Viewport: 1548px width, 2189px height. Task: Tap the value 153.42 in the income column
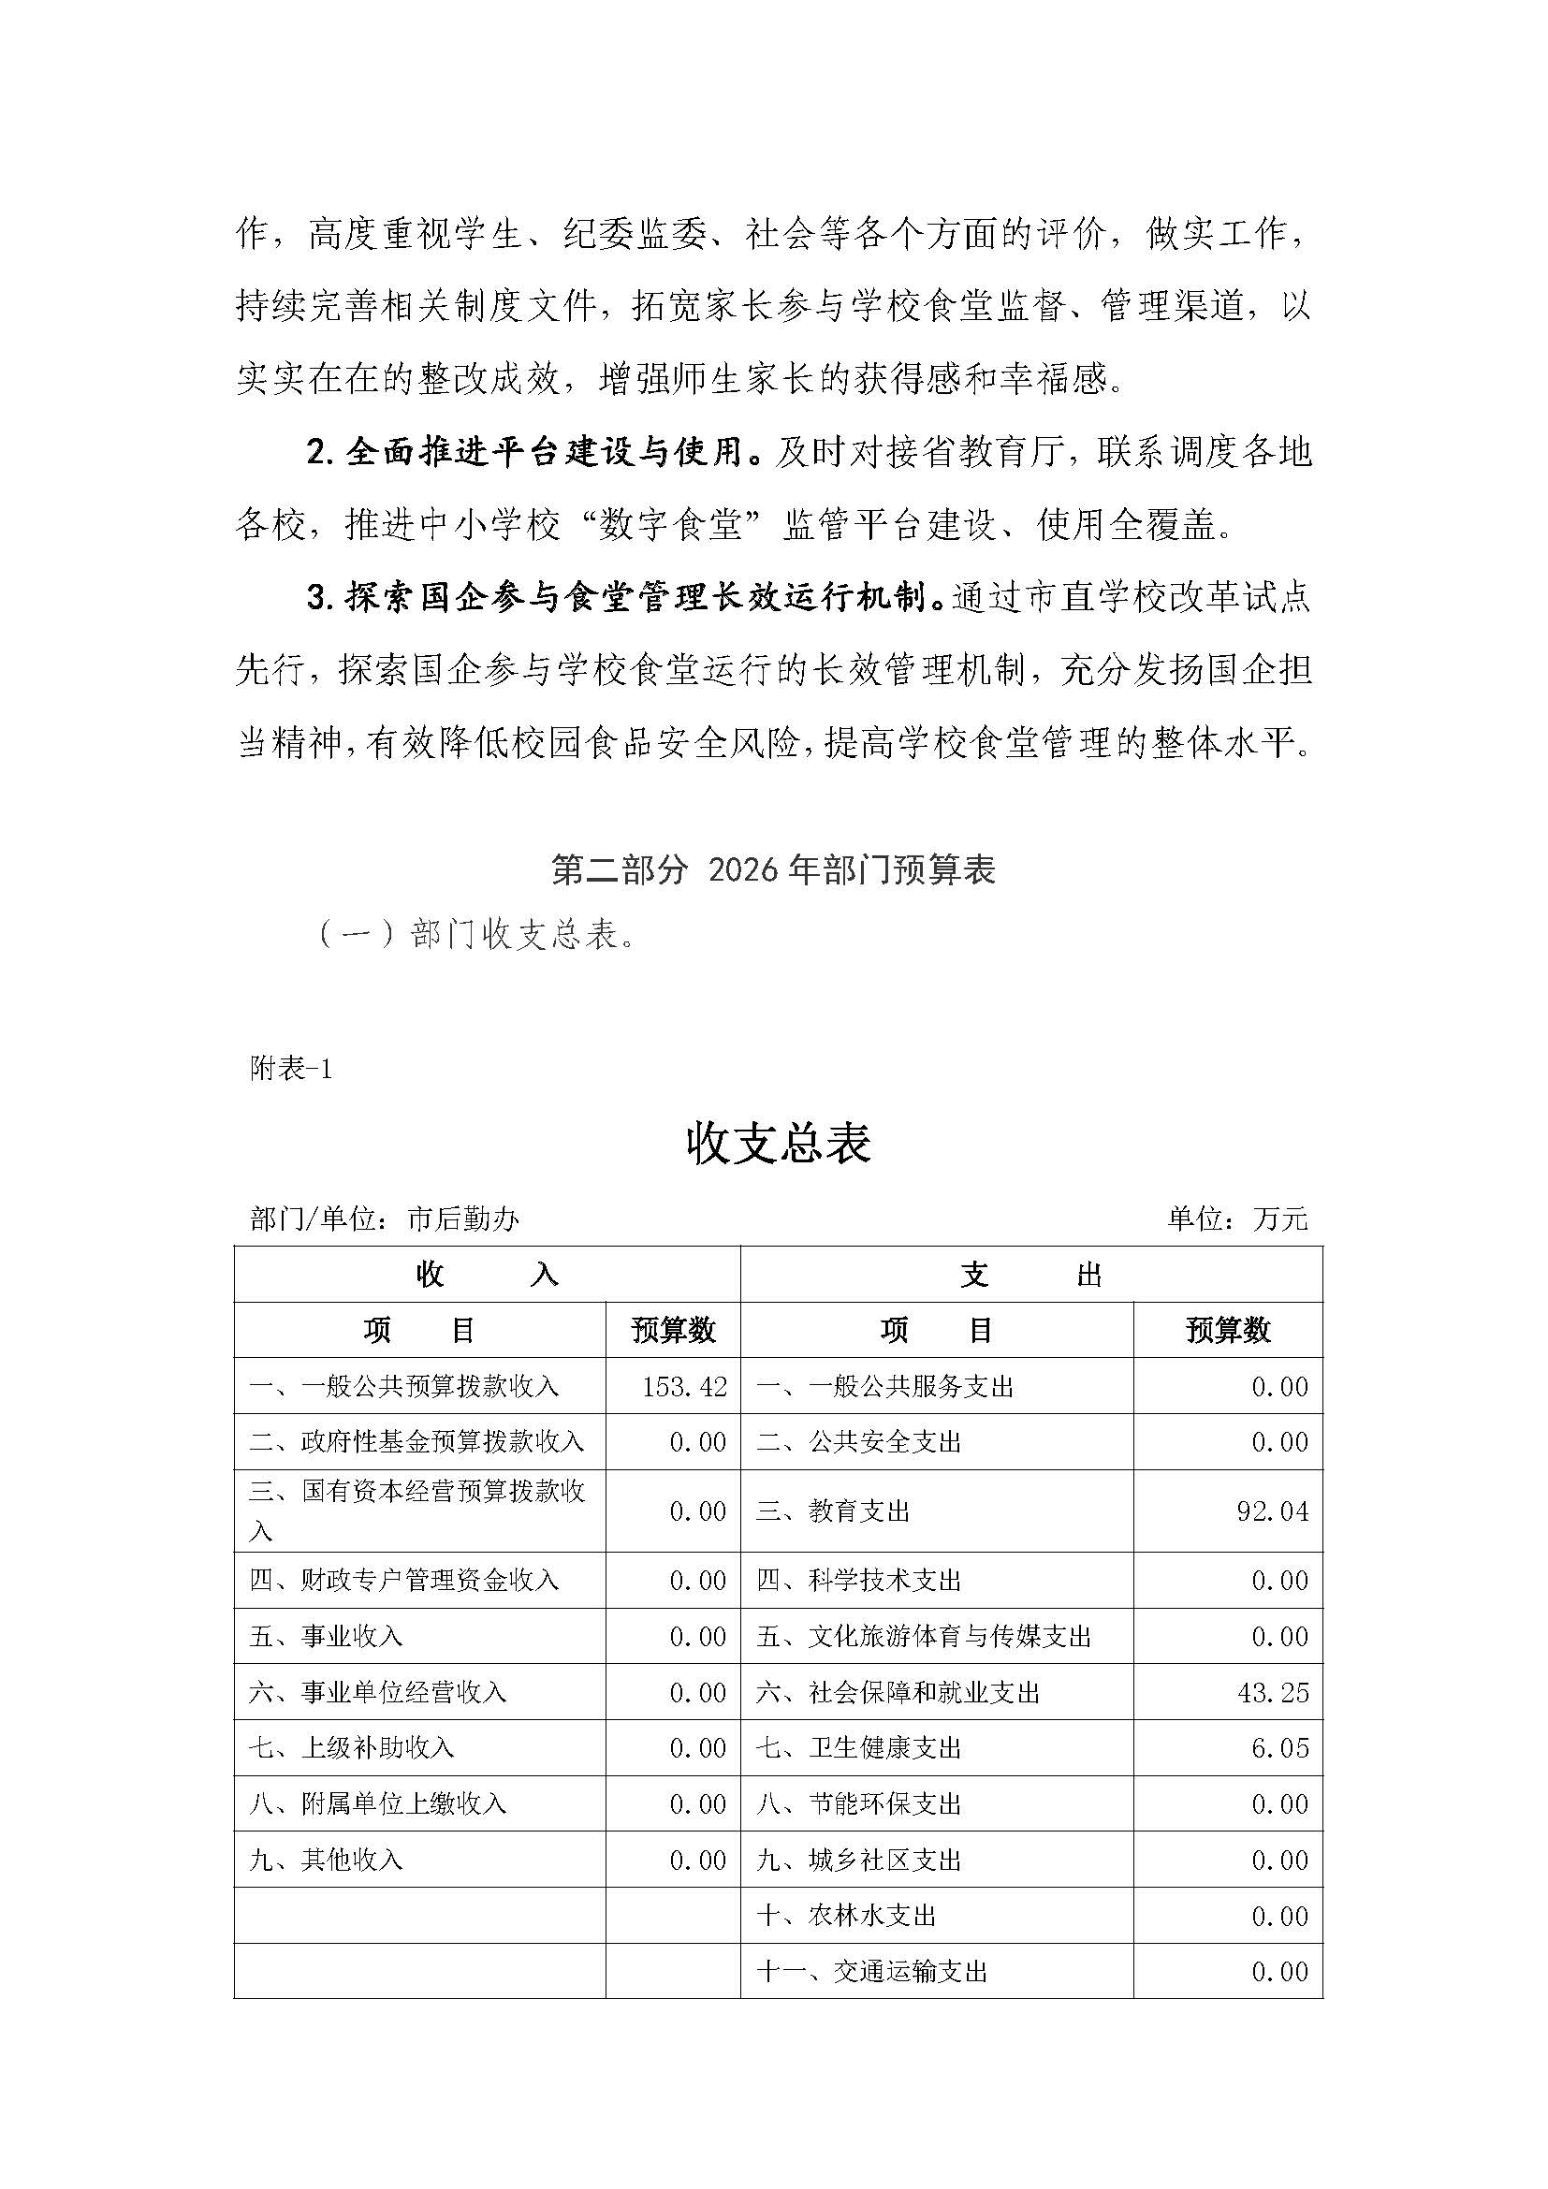click(x=684, y=1386)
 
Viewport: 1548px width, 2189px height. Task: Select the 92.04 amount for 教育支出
click(x=1273, y=1511)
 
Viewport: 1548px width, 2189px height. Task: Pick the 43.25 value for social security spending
click(x=1273, y=1692)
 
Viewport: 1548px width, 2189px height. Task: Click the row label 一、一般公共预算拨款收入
click(x=404, y=1386)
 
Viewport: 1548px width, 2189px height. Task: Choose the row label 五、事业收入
click(x=326, y=1637)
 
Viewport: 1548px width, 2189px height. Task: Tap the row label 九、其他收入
click(x=326, y=1860)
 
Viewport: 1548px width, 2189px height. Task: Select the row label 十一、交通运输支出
click(x=871, y=1971)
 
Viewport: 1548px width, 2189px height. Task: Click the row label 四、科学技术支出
click(x=858, y=1581)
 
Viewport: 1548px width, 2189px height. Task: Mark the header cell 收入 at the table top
click(x=486, y=1275)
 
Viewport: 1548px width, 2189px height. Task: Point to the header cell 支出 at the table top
click(x=1031, y=1275)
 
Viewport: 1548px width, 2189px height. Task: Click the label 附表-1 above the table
click(x=291, y=1070)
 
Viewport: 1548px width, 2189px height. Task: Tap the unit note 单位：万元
click(x=1237, y=1219)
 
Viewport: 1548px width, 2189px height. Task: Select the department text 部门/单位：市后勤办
click(x=384, y=1219)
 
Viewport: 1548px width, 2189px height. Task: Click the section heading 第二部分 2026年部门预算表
click(x=773, y=869)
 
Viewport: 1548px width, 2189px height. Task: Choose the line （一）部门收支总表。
click(x=476, y=935)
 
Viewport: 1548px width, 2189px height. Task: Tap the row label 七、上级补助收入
click(x=352, y=1747)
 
